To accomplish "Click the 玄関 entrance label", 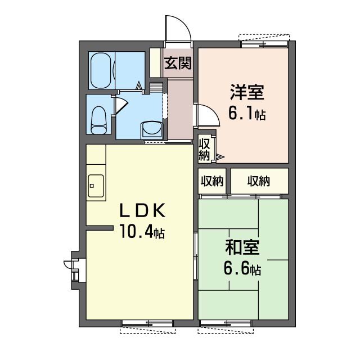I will pos(178,62).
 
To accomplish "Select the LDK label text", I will pos(141,211).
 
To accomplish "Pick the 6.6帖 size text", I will pos(242,268).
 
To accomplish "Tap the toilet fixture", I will pos(99,119).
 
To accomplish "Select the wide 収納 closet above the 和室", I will pos(259,181).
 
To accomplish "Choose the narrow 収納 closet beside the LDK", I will pos(211,181).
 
